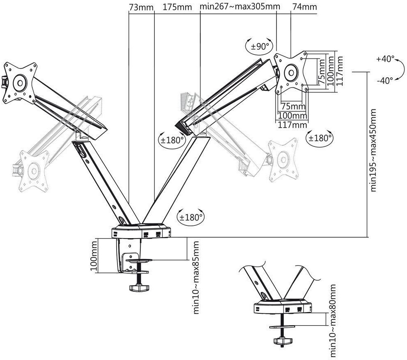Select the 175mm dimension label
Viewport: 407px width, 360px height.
177,7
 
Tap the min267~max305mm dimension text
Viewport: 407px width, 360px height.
240,6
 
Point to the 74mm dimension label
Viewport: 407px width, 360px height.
305,7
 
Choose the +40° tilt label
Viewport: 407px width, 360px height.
385,59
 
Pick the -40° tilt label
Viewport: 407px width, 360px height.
385,81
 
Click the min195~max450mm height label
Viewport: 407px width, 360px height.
373,150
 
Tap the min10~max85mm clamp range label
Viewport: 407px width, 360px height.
196,277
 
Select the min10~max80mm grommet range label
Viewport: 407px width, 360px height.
333,321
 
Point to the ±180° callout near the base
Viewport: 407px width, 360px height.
191,217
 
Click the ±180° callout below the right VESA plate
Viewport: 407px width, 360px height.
320,138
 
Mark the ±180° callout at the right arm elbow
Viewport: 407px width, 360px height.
172,140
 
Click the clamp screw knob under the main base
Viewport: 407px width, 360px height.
139,288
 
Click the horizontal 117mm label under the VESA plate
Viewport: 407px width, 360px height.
292,125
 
